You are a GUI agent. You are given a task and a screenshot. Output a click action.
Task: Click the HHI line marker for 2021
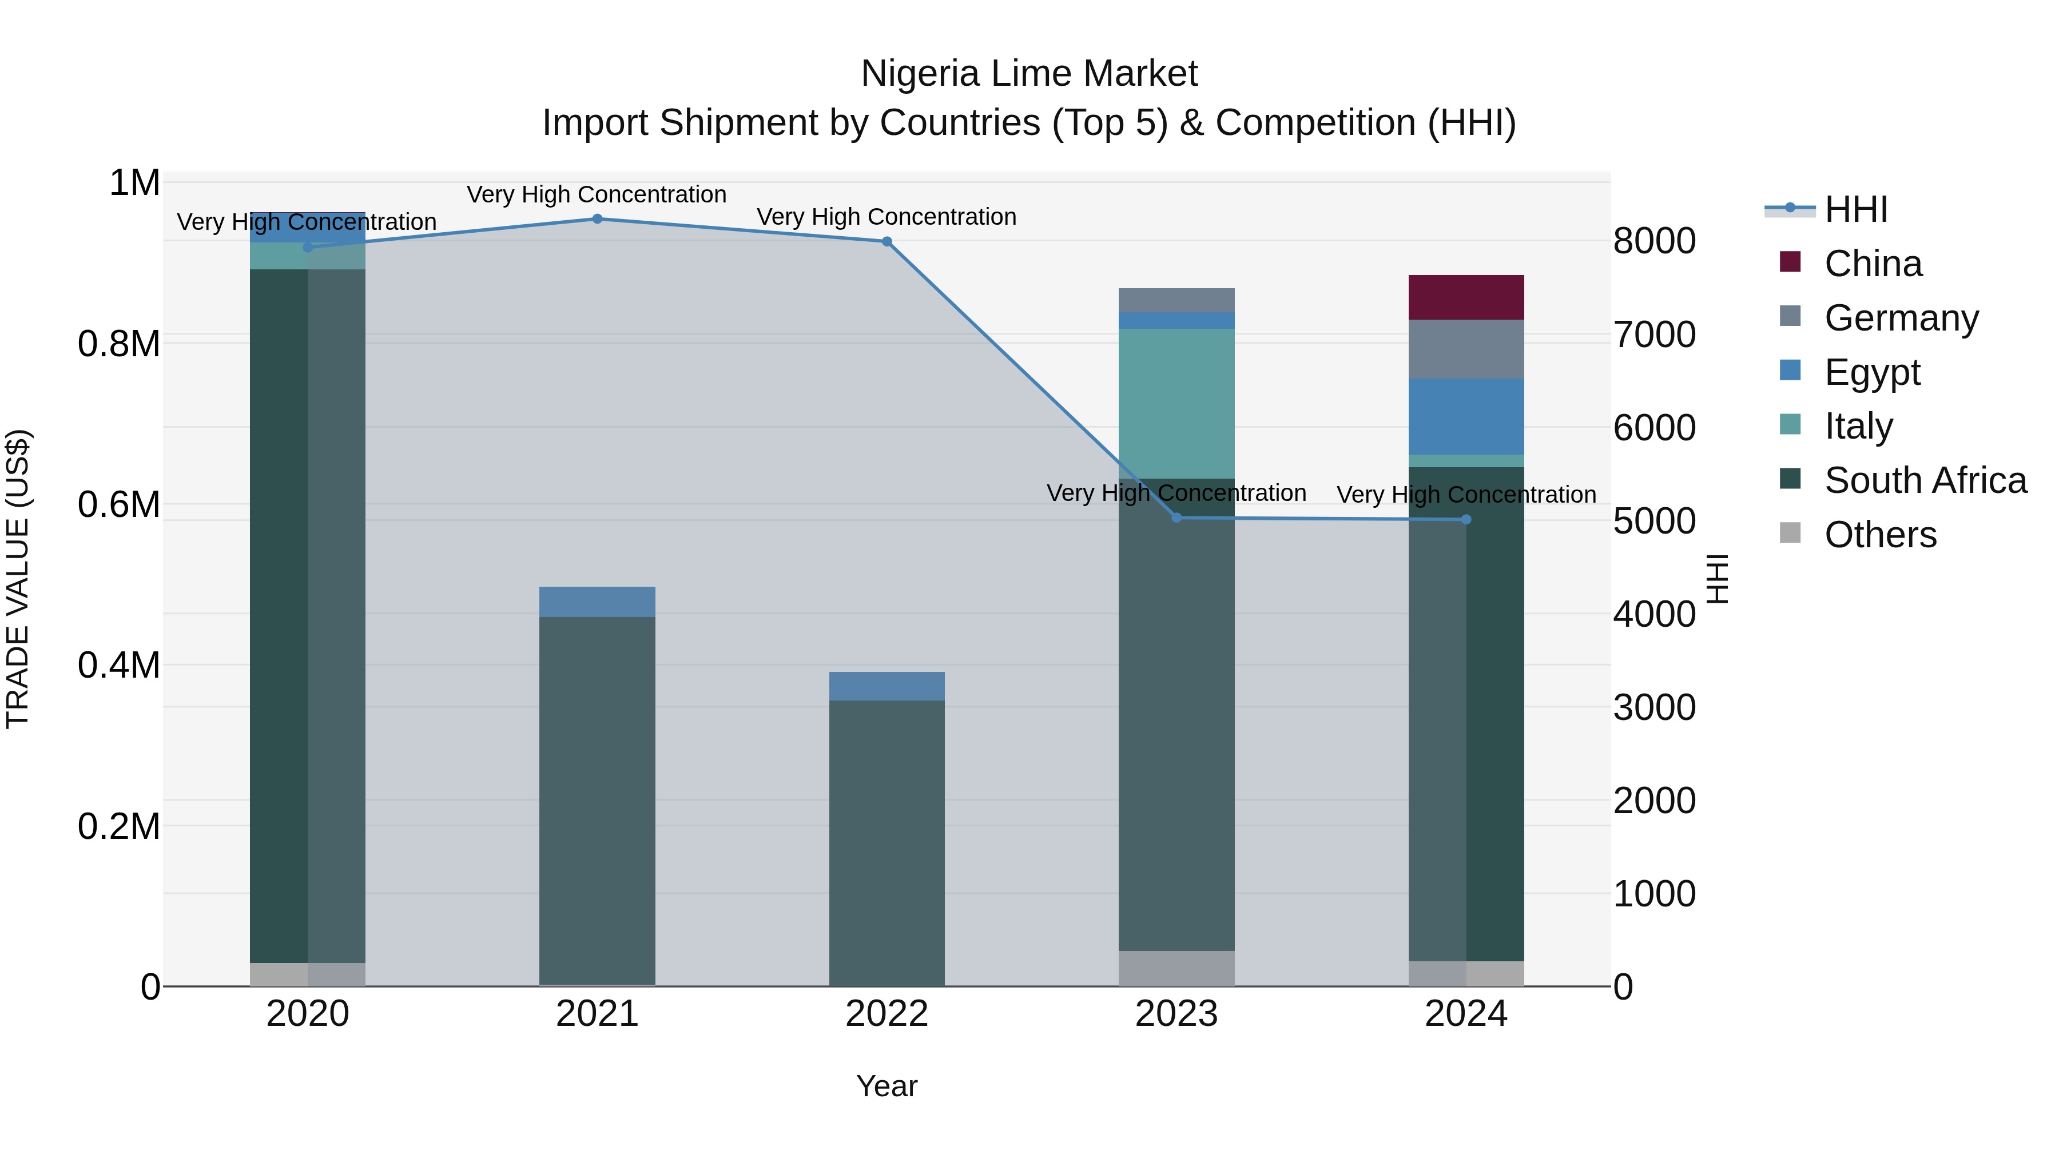coord(597,219)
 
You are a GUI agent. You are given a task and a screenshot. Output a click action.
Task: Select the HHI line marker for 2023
coord(1176,518)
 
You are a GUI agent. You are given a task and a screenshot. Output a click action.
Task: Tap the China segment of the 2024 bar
coord(1466,297)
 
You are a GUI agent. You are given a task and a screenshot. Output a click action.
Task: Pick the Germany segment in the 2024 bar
coord(1466,349)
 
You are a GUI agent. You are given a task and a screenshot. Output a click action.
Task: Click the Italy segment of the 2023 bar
coord(1176,404)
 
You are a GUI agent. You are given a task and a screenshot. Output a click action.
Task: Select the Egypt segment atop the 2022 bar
coord(887,686)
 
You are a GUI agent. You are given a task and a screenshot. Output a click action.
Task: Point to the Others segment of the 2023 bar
coord(1176,968)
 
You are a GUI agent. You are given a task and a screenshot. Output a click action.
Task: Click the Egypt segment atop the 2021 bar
coord(597,602)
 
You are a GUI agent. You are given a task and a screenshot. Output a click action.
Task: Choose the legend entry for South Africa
coord(1925,480)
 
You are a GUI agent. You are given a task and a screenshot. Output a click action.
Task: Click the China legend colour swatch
coord(1790,262)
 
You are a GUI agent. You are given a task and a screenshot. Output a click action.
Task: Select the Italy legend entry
coord(1858,426)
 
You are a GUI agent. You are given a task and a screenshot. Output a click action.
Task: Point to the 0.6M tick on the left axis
coord(119,505)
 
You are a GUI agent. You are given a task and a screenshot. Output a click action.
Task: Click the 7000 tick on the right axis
coord(1653,335)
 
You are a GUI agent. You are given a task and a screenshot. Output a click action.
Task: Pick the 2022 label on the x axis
coord(887,1014)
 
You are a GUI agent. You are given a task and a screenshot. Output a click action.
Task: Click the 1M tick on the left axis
coord(134,183)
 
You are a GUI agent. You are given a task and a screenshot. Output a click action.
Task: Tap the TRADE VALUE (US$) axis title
coord(18,579)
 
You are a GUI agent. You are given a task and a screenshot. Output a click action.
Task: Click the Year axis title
coord(887,1086)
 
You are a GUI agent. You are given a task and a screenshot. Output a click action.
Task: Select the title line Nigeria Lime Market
coord(1029,74)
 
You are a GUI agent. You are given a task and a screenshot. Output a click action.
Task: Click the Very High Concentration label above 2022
coord(887,217)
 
